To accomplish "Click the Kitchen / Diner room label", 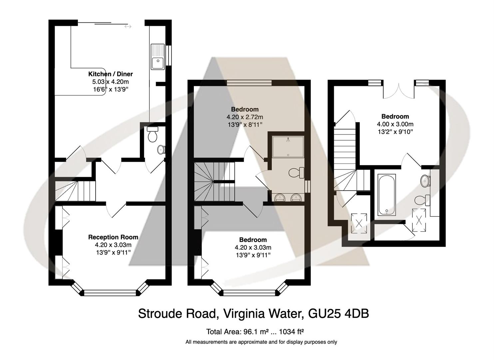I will tap(110, 74).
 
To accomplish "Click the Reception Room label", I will tap(113, 237).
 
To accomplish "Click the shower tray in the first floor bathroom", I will tap(287, 147).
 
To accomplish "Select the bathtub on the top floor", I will tap(387, 194).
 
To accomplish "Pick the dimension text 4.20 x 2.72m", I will tap(245, 117).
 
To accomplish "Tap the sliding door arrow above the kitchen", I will tap(128, 26).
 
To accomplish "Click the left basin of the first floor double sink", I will tap(279, 198).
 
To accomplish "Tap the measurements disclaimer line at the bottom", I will tap(261, 342).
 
